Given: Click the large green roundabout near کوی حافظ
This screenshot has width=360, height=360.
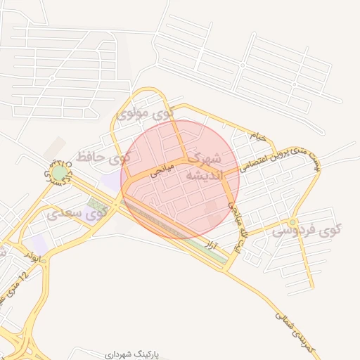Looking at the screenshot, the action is pyautogui.click(x=60, y=172).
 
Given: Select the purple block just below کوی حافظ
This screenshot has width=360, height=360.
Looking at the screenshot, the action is pyautogui.click(x=110, y=181).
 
